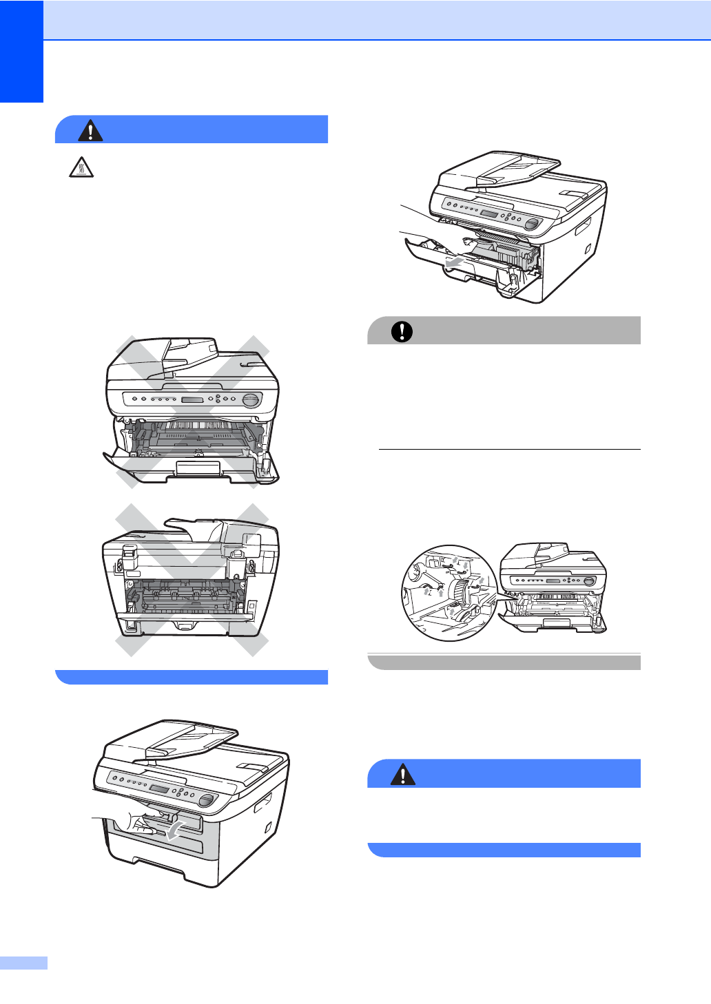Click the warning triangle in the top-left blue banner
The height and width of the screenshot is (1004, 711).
pyautogui.click(x=90, y=130)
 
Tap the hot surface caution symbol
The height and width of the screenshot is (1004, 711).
pyautogui.click(x=81, y=167)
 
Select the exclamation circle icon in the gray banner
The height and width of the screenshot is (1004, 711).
pyautogui.click(x=402, y=331)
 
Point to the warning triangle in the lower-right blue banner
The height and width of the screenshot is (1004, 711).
pyautogui.click(x=402, y=775)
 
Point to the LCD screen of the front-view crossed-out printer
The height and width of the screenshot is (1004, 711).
pyautogui.click(x=192, y=400)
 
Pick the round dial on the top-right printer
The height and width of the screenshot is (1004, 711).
pyautogui.click(x=531, y=224)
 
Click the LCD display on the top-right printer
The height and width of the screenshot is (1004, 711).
pyautogui.click(x=489, y=214)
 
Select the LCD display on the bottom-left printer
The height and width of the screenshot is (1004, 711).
pyautogui.click(x=160, y=790)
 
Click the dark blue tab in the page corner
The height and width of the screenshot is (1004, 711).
pyautogui.click(x=21, y=51)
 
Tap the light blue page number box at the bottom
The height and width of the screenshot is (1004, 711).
pyautogui.click(x=23, y=963)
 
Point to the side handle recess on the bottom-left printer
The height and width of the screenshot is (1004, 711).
pyautogui.click(x=262, y=802)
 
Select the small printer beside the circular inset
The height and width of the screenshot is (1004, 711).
pyautogui.click(x=553, y=589)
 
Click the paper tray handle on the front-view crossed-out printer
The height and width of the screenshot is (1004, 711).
pyautogui.click(x=198, y=468)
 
